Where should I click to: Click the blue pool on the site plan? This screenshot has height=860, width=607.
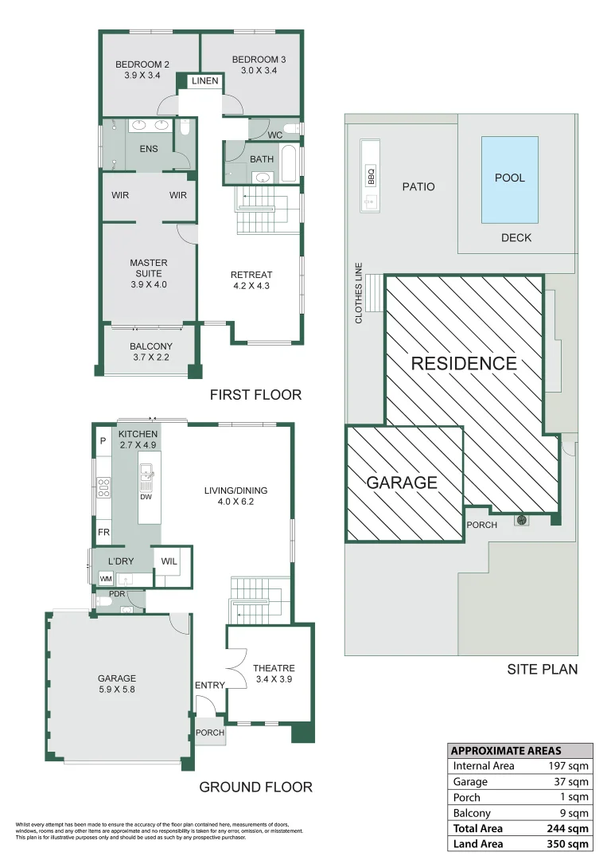click(x=509, y=179)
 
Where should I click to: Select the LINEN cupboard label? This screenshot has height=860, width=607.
click(x=205, y=81)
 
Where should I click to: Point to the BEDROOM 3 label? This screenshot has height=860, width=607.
click(x=259, y=60)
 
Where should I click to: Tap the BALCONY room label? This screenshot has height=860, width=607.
click(x=151, y=346)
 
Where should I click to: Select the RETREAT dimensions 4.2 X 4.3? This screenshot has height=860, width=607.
click(x=251, y=287)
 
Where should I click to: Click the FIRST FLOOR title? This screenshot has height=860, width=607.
click(x=255, y=395)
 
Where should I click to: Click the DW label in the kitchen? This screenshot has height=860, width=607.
click(x=146, y=497)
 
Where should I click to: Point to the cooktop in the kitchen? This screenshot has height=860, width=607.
click(x=103, y=487)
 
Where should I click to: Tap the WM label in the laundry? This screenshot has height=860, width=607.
click(x=105, y=578)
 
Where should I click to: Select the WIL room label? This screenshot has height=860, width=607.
click(x=169, y=561)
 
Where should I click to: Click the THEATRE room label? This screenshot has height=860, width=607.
click(x=274, y=668)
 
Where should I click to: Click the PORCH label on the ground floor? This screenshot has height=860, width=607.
click(x=210, y=733)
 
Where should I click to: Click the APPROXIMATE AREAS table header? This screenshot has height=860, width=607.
click(x=506, y=750)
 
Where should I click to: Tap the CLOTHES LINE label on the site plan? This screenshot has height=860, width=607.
click(x=359, y=293)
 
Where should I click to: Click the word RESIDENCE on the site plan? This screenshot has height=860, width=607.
click(x=464, y=364)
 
